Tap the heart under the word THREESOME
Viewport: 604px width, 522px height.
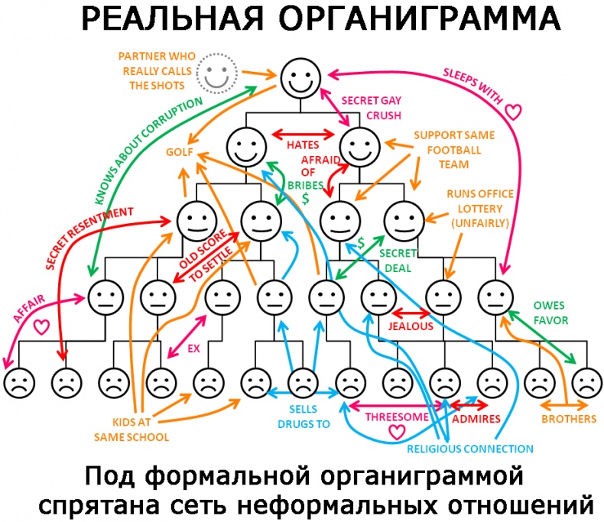[x=396, y=432]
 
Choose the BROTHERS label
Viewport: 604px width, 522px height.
[x=568, y=419]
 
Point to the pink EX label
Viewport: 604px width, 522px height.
[x=193, y=349]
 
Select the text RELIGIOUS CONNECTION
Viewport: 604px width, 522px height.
[x=470, y=449]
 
